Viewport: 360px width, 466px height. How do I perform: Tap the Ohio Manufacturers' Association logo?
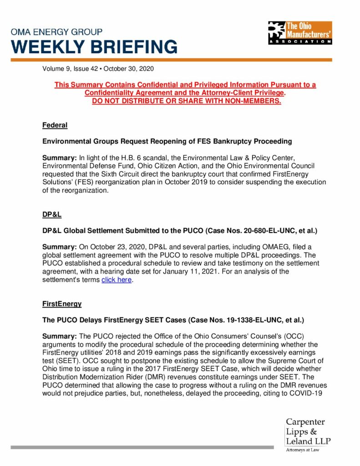click(299, 33)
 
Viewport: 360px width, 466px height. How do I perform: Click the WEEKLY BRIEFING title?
click(94, 47)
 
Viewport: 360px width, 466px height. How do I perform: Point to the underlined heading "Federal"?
click(55, 125)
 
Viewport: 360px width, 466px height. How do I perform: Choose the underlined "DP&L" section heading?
click(52, 214)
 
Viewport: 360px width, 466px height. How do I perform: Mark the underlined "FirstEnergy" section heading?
click(62, 304)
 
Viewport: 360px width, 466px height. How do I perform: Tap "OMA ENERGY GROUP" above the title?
click(56, 32)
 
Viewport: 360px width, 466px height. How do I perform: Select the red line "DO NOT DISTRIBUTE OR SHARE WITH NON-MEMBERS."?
click(187, 101)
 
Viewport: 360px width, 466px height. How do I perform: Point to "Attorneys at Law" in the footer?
click(303, 450)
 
